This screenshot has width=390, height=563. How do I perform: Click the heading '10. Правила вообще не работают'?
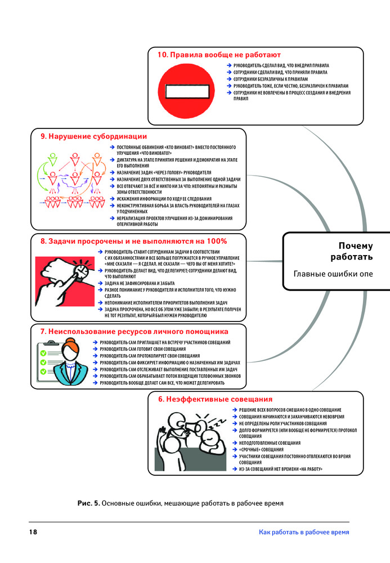click(219, 55)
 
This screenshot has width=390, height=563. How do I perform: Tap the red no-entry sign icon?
click(184, 91)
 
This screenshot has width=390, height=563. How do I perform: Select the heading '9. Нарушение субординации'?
click(93, 136)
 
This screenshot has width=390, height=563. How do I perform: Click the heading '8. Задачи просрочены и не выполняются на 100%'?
click(133, 241)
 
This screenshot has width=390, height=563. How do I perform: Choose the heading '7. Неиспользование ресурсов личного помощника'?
click(134, 332)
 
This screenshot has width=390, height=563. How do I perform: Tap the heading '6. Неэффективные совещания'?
click(211, 399)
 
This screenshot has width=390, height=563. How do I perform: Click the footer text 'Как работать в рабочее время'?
click(304, 532)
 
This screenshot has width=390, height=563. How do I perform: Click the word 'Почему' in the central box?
click(356, 245)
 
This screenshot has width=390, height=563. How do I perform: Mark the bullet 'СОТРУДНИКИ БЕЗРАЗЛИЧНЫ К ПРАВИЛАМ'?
click(269, 79)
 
